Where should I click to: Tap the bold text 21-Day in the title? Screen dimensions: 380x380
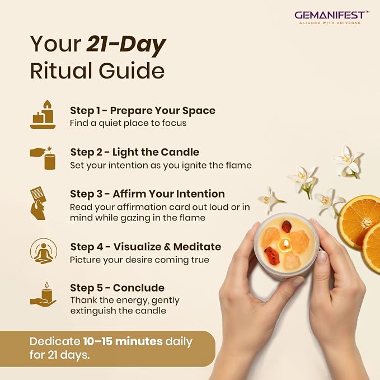click(x=126, y=44)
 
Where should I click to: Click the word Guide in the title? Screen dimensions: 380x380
click(x=132, y=71)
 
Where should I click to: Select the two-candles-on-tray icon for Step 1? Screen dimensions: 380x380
click(x=43, y=114)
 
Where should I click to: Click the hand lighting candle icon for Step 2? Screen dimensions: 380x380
click(x=43, y=158)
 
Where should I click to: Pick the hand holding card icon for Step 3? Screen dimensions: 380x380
click(x=39, y=203)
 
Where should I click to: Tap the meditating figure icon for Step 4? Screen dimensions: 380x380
click(x=44, y=251)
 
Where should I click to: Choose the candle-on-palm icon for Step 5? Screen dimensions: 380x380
click(x=43, y=295)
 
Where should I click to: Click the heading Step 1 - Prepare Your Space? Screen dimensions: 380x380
click(x=143, y=111)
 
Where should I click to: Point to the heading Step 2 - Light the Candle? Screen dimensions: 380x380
click(x=135, y=152)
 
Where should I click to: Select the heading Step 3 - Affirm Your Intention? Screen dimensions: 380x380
click(x=147, y=194)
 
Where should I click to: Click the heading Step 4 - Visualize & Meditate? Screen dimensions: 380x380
click(x=146, y=247)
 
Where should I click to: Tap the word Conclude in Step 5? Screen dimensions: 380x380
click(x=139, y=288)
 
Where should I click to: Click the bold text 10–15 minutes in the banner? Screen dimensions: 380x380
click(x=123, y=341)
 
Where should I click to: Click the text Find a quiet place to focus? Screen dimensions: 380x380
click(x=128, y=123)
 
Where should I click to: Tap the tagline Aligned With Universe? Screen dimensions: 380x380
click(x=330, y=23)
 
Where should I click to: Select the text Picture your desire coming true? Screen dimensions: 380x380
click(x=139, y=260)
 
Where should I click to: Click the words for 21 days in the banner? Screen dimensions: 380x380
click(x=60, y=355)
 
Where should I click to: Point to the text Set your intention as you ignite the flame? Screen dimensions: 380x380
click(x=161, y=166)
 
